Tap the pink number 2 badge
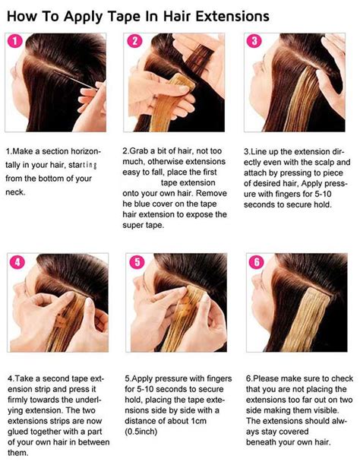134,42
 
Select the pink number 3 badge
254,42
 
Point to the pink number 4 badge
17,263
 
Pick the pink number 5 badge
137,263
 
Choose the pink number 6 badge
256,263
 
